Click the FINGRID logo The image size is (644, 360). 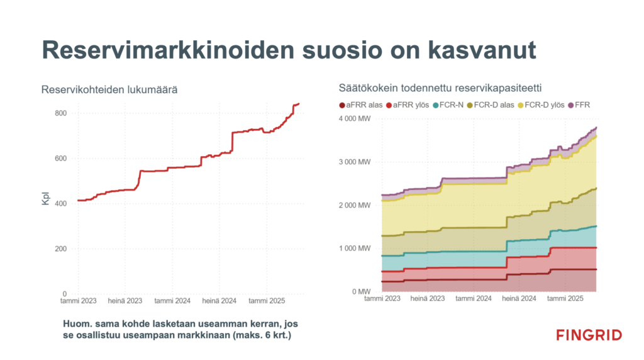coord(589,335)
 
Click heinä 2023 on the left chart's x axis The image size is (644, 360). coord(125,300)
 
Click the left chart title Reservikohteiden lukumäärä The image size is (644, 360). coord(109,90)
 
